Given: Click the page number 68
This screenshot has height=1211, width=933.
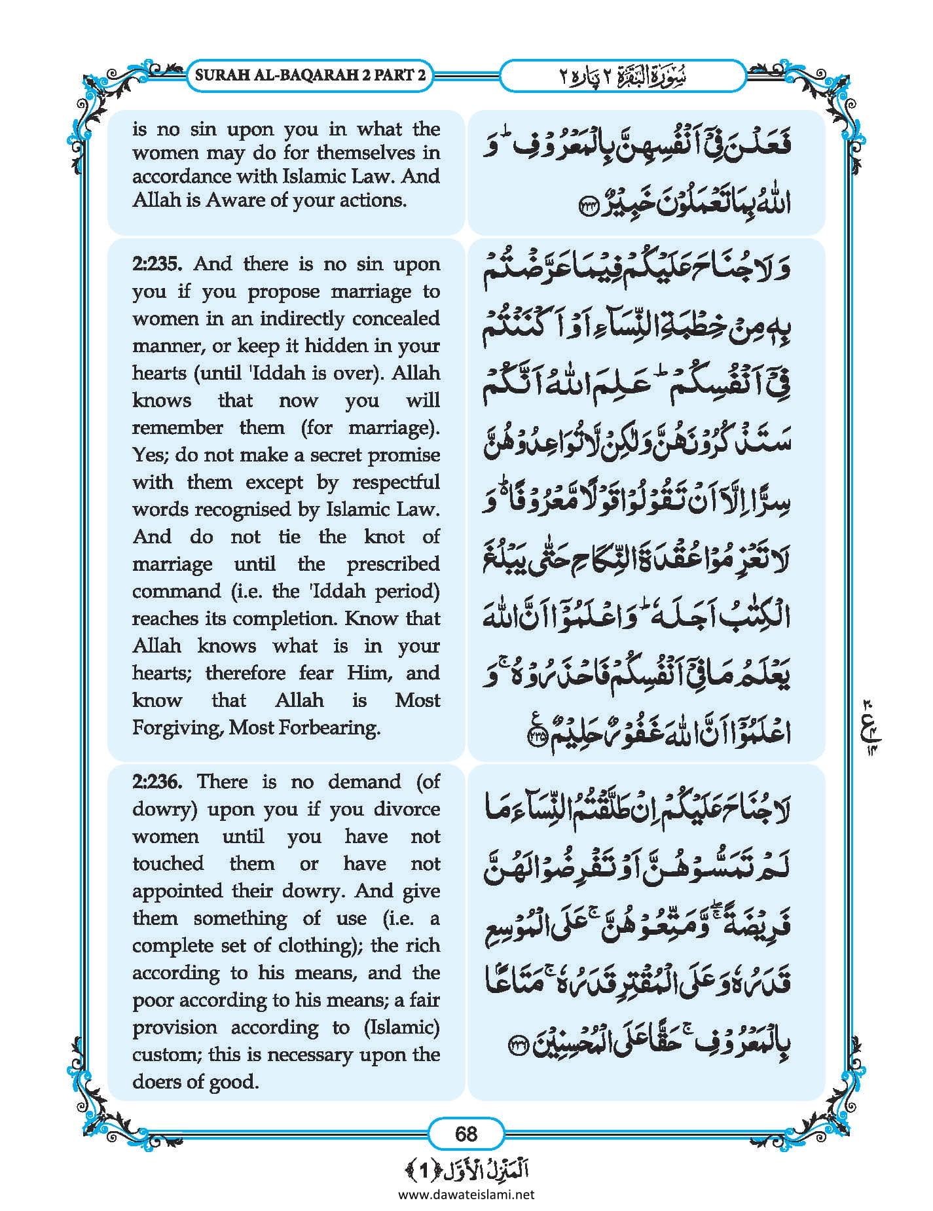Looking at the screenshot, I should coord(466,1134).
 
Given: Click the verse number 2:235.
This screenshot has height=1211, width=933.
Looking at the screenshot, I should coord(158,264).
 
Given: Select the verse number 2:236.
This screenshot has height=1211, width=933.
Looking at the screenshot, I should coord(158,782).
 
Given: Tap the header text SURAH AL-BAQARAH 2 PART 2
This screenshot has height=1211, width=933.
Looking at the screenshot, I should coord(310,75).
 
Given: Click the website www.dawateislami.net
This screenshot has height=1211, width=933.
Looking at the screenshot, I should coord(466,1195).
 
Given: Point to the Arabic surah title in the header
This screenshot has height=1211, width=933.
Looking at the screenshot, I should coord(622,75).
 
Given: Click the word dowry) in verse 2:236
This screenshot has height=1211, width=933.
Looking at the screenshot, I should coord(164,810).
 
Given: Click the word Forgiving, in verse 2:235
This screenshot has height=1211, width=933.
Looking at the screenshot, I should coord(177,728).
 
